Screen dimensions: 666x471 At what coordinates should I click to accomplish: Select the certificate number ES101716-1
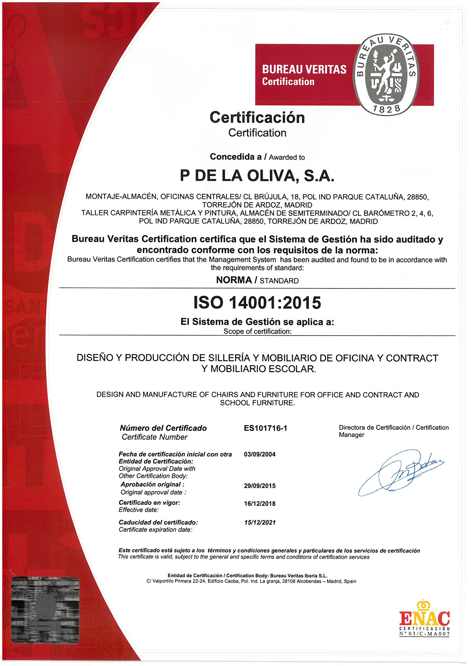click(x=265, y=428)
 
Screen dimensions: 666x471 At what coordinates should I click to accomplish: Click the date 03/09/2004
click(x=259, y=454)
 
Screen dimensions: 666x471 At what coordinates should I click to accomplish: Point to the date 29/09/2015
click(x=259, y=486)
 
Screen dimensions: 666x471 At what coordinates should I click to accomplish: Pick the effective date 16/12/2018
click(x=259, y=504)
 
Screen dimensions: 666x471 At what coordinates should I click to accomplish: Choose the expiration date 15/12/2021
click(x=259, y=522)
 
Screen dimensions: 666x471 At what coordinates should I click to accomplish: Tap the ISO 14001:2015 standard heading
click(x=257, y=303)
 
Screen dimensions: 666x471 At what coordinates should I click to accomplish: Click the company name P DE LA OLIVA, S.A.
click(x=257, y=176)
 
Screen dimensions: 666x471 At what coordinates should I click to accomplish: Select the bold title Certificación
click(x=257, y=117)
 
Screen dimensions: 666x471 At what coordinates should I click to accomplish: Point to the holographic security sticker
click(x=45, y=610)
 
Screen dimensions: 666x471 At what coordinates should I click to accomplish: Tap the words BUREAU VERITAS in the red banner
click(x=304, y=69)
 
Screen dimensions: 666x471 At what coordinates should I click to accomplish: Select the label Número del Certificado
click(x=163, y=428)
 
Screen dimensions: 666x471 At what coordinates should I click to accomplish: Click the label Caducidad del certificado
click(x=158, y=522)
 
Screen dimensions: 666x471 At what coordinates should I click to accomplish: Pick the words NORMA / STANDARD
click(x=257, y=280)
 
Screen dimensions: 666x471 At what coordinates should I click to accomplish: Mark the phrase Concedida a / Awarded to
click(x=257, y=157)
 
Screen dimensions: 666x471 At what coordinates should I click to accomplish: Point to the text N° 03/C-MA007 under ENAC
click(x=424, y=634)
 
